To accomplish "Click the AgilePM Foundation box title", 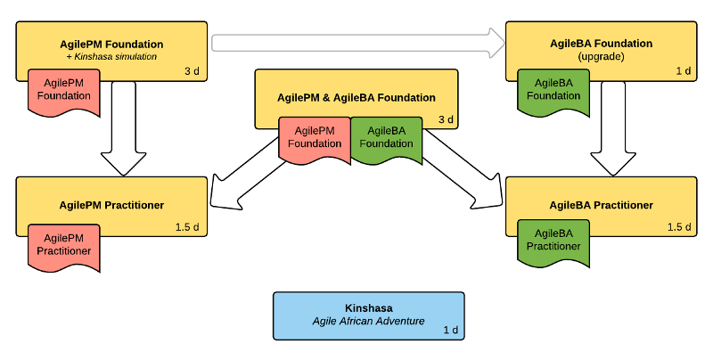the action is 111,44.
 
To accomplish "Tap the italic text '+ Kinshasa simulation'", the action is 111,56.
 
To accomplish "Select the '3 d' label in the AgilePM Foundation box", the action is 192,71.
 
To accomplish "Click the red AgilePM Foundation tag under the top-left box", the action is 63,93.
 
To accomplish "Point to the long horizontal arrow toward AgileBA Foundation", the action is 358,43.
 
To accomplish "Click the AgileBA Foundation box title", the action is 601,43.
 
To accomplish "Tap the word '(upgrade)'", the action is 601,56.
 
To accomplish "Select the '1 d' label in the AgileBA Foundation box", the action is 683,71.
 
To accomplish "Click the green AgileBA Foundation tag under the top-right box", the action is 553,93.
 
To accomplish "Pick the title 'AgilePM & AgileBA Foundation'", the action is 356,97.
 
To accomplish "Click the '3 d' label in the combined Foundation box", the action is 446,119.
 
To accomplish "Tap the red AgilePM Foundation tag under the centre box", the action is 315,140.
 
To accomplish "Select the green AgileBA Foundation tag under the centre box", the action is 386,140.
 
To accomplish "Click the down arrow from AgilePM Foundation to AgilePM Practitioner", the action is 124,128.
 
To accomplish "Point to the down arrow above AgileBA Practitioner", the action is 613,128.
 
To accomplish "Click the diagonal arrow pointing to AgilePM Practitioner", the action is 246,175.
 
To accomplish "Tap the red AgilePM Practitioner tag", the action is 63,247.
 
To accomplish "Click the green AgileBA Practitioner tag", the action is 553,243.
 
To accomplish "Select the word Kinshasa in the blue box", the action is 368,307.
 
